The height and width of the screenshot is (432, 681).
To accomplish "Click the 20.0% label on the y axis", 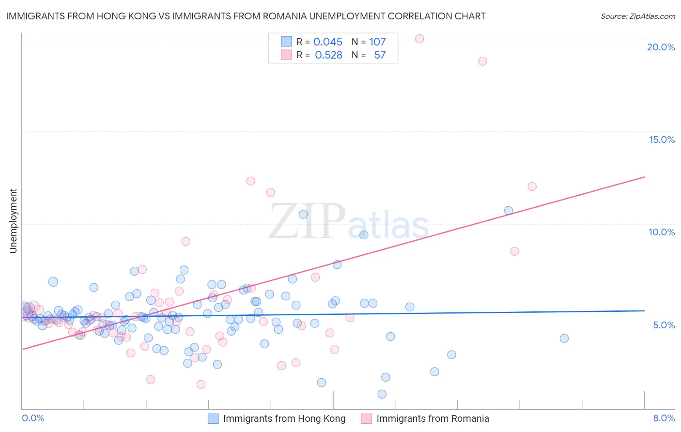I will tap(661, 47).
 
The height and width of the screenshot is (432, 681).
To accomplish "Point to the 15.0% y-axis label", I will tap(662, 139).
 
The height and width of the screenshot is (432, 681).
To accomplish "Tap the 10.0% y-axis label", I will tap(662, 232).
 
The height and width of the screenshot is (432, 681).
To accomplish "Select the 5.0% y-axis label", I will tap(664, 324).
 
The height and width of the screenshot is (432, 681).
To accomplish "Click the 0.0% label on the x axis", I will tap(33, 418).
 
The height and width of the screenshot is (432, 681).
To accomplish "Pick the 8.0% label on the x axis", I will tap(664, 418).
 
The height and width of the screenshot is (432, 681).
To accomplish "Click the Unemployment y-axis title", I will tap(13, 221).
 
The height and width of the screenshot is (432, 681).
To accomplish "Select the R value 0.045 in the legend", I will tap(327, 42).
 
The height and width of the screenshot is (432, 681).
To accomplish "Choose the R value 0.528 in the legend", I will tap(328, 55).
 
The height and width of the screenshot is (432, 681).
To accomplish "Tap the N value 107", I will tap(377, 42).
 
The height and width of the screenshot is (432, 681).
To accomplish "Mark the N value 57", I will tap(380, 55).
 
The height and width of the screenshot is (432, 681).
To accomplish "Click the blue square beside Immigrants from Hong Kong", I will tap(213, 418).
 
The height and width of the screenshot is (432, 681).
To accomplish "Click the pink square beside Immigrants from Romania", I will tap(366, 418).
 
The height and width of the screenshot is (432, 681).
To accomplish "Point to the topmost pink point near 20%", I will tap(419, 39).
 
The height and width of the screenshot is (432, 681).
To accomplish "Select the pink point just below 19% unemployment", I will tap(482, 61).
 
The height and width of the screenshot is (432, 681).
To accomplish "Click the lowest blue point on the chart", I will tap(382, 394).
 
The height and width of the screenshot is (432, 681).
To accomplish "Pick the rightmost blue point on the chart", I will tap(564, 339).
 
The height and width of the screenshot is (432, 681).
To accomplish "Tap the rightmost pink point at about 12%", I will tap(532, 186).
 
